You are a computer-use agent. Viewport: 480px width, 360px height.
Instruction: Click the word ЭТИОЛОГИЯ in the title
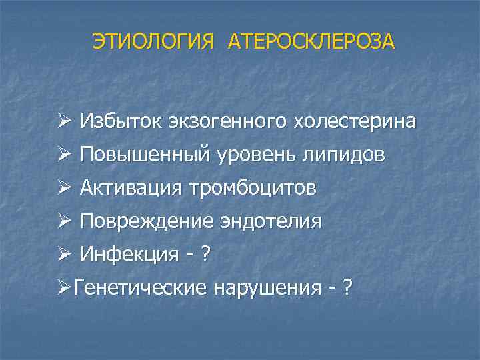click(x=154, y=41)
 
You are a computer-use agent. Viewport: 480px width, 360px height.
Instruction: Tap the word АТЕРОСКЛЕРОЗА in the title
click(x=311, y=41)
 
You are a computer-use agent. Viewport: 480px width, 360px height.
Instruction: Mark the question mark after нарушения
click(x=347, y=288)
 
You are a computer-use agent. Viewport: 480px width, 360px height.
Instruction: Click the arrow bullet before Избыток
click(x=63, y=121)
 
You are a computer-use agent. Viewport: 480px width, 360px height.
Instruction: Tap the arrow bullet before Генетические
click(x=63, y=288)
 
